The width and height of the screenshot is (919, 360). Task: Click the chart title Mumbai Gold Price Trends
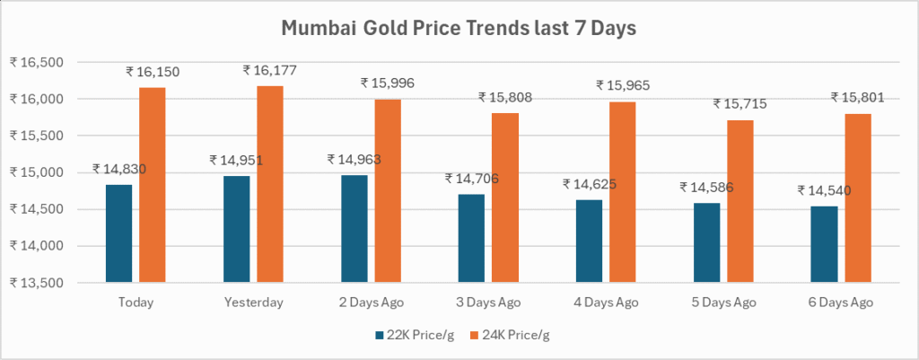point(459,29)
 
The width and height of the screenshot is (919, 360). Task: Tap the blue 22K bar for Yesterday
point(237,229)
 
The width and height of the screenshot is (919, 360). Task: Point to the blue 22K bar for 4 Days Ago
point(589,241)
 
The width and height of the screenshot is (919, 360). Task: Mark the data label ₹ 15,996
point(388,83)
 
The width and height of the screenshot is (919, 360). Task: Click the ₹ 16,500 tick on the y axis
point(37,62)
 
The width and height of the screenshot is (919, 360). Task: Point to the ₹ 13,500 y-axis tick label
point(37,283)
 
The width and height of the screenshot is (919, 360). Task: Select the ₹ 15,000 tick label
point(37,172)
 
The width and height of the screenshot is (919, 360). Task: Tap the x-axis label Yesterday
point(254,303)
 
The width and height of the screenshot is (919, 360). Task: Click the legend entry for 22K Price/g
point(410,336)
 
